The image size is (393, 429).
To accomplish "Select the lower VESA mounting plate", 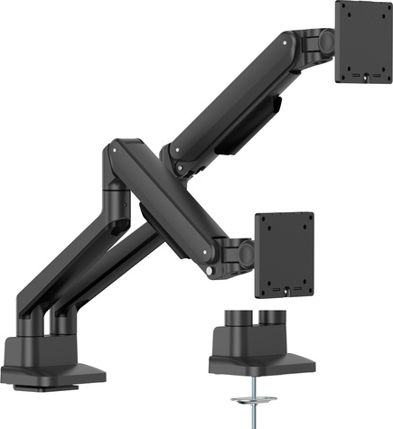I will tap(285, 255).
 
